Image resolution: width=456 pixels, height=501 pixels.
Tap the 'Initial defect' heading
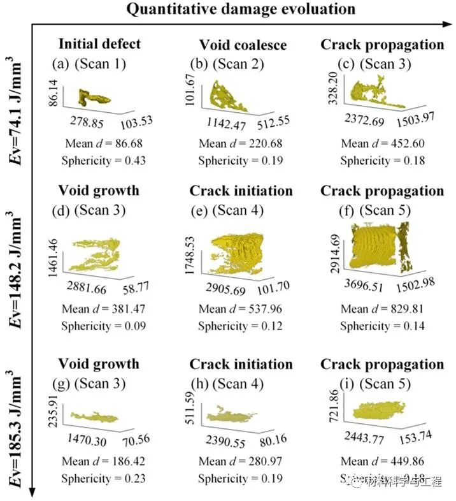point(99,44)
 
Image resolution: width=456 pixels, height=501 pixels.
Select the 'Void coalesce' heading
point(243,45)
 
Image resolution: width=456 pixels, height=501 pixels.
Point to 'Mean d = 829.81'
point(381,310)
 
